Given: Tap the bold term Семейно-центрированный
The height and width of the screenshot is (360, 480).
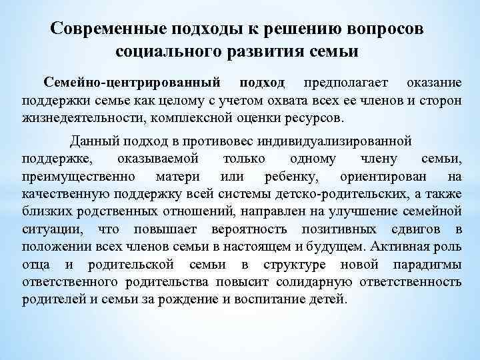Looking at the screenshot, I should pos(133,83).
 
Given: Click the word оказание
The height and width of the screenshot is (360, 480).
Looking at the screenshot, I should pos(432,83).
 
